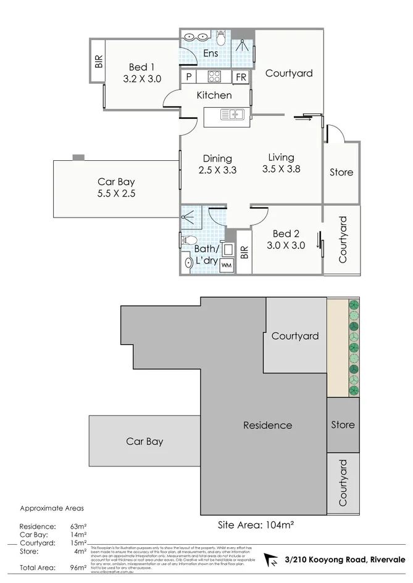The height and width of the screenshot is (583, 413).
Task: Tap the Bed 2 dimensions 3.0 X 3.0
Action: (x=286, y=245)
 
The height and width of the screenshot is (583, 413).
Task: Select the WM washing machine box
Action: (x=227, y=265)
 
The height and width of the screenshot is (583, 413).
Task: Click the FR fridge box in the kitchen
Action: (x=241, y=77)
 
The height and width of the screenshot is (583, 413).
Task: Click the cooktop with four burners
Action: (x=214, y=77)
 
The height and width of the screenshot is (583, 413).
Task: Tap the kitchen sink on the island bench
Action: (x=236, y=114)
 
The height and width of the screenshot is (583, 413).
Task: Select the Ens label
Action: (x=211, y=54)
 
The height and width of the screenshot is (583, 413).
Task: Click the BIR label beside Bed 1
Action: (x=99, y=60)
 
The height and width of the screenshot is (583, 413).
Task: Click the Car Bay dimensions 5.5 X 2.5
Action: (x=116, y=193)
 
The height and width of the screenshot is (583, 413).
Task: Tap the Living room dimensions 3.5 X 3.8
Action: (x=281, y=169)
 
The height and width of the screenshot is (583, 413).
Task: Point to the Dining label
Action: (x=218, y=158)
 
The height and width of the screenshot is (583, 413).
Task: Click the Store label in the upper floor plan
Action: (x=341, y=172)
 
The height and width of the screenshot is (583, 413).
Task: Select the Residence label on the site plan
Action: (x=267, y=425)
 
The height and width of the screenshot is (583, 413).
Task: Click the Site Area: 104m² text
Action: (x=255, y=525)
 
